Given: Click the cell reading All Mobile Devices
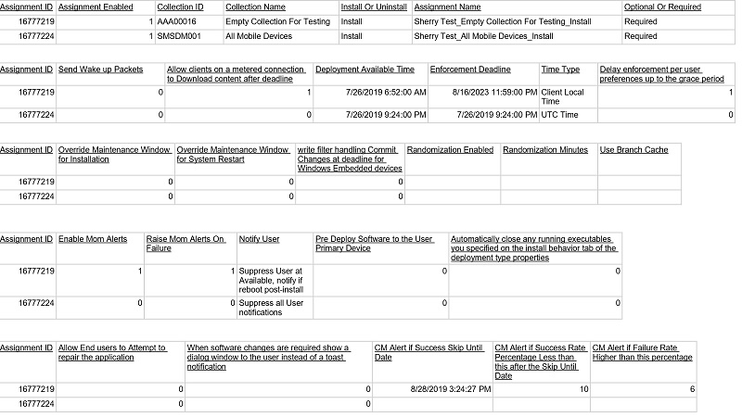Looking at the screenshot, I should pyautogui.click(x=259, y=36).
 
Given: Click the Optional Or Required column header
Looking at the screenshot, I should pyautogui.click(x=662, y=6).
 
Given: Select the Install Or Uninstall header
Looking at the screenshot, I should pyautogui.click(x=374, y=6).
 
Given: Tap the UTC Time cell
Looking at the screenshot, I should pyautogui.click(x=560, y=115).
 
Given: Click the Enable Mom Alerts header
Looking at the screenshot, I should pyautogui.click(x=93, y=239).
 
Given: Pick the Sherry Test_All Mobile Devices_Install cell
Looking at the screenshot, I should pyautogui.click(x=483, y=36).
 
